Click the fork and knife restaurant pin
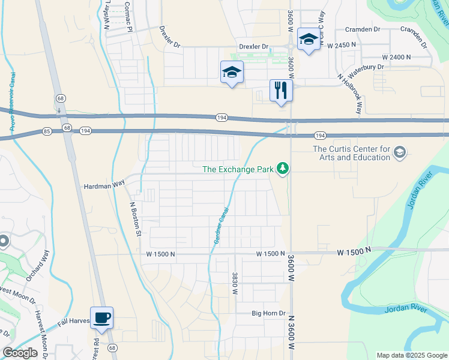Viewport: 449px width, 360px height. pyautogui.click(x=280, y=91)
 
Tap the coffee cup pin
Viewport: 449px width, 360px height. pyautogui.click(x=101, y=317)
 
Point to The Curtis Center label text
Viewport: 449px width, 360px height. pyautogui.click(x=351, y=153)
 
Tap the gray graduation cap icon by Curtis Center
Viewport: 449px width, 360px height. pyautogui.click(x=399, y=153)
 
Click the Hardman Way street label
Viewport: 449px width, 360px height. pyautogui.click(x=103, y=186)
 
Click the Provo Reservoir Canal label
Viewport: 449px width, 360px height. pyautogui.click(x=12, y=102)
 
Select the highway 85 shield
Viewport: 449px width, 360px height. pyautogui.click(x=47, y=130)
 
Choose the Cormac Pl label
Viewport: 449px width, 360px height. pyautogui.click(x=128, y=17)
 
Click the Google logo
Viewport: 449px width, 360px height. pyautogui.click(x=20, y=353)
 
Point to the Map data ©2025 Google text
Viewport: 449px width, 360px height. pyautogui.click(x=411, y=355)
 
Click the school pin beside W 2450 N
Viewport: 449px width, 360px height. pyautogui.click(x=308, y=40)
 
